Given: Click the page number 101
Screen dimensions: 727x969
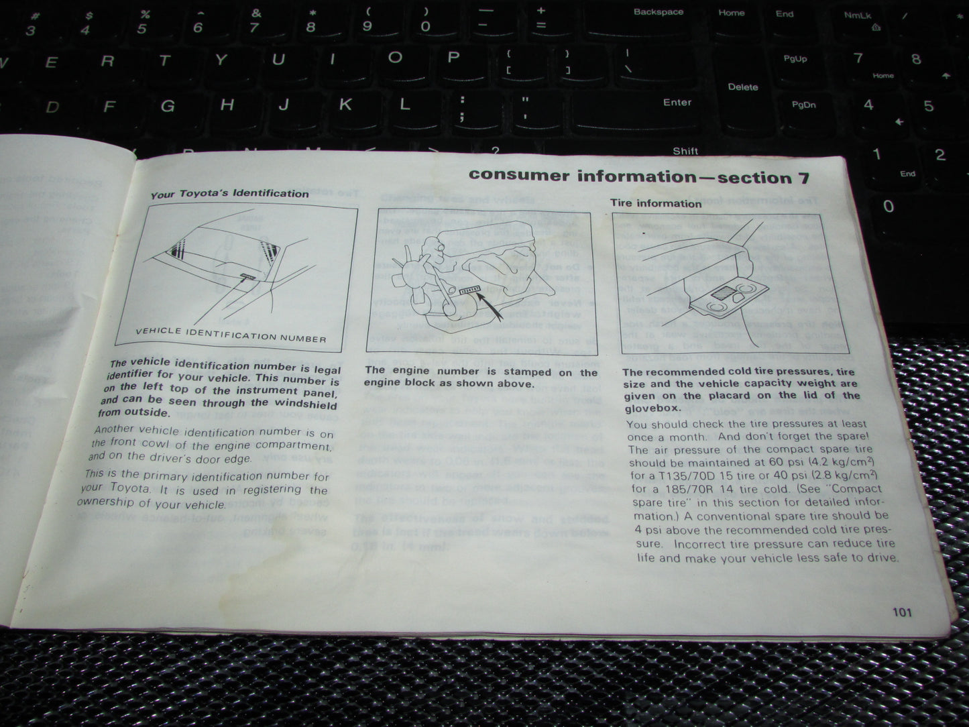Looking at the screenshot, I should tap(902, 612).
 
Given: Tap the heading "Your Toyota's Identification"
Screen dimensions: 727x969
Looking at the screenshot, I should tap(229, 194).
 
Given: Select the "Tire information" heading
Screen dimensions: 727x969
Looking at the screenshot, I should tap(655, 203).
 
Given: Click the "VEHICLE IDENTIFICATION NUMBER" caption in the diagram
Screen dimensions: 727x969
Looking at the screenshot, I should tap(231, 333).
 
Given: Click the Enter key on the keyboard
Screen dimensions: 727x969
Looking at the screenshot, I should tap(677, 103).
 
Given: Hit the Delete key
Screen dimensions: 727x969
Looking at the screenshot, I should tap(742, 87).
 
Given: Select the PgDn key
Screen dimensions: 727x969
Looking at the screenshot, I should tap(803, 105).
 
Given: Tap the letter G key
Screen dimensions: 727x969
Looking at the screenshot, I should tap(168, 106).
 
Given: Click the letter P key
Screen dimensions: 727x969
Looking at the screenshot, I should tap(453, 57).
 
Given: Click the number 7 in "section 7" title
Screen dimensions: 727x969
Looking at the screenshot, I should tap(803, 178).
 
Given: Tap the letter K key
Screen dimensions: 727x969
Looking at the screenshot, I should tap(345, 105).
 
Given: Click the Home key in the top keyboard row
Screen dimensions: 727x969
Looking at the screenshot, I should tap(731, 13).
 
